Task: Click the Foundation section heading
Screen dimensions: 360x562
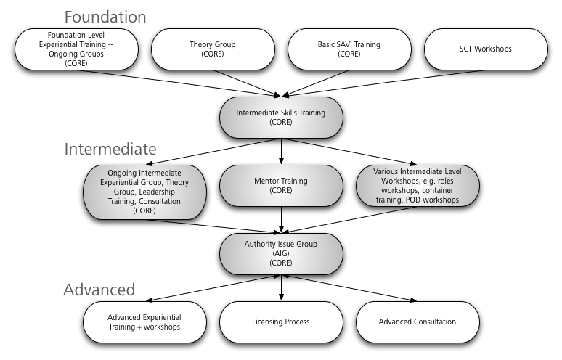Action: pyautogui.click(x=105, y=16)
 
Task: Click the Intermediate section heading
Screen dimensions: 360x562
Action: pyautogui.click(x=110, y=150)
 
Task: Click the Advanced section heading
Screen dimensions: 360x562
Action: pyautogui.click(x=99, y=290)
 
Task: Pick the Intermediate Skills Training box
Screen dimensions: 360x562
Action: pyautogui.click(x=280, y=118)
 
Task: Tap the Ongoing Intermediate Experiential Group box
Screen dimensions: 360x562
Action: pyautogui.click(x=144, y=191)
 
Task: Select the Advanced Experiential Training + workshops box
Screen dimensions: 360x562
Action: pyautogui.click(x=144, y=321)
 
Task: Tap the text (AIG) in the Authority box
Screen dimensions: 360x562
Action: pyautogui.click(x=280, y=253)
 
